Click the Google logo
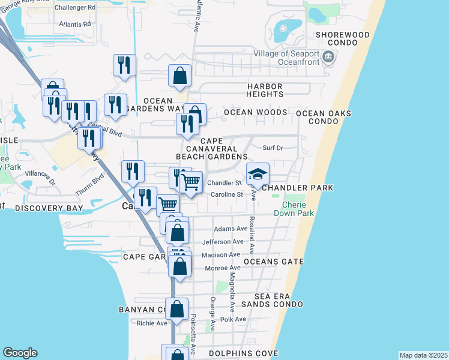click(20, 353)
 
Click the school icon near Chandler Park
click(258, 174)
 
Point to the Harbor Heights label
click(265, 90)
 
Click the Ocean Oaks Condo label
click(324, 117)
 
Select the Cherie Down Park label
click(298, 209)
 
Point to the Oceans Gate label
click(274, 262)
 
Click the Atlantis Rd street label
click(74, 24)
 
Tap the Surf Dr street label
click(272, 148)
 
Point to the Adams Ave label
click(231, 229)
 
